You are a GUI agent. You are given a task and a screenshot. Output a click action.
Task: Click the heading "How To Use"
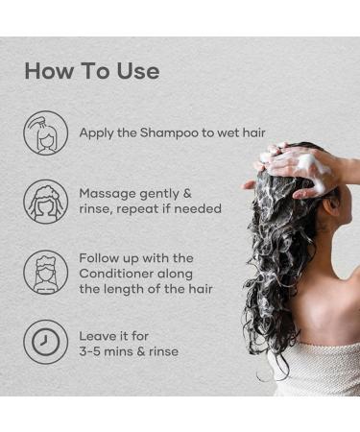(x=92, y=71)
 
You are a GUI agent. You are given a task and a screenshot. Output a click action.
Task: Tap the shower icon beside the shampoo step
(x=45, y=132)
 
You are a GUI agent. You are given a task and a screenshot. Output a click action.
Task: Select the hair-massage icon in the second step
(x=45, y=201)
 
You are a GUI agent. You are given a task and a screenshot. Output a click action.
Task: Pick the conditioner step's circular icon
(x=45, y=273)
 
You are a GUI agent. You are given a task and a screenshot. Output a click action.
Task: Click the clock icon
(x=45, y=343)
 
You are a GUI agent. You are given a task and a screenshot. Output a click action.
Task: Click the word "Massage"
(x=110, y=192)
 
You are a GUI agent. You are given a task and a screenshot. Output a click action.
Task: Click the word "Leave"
(x=100, y=335)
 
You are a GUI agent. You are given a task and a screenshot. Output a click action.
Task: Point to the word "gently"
(x=165, y=192)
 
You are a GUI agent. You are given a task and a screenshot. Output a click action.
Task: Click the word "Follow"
(x=102, y=257)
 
